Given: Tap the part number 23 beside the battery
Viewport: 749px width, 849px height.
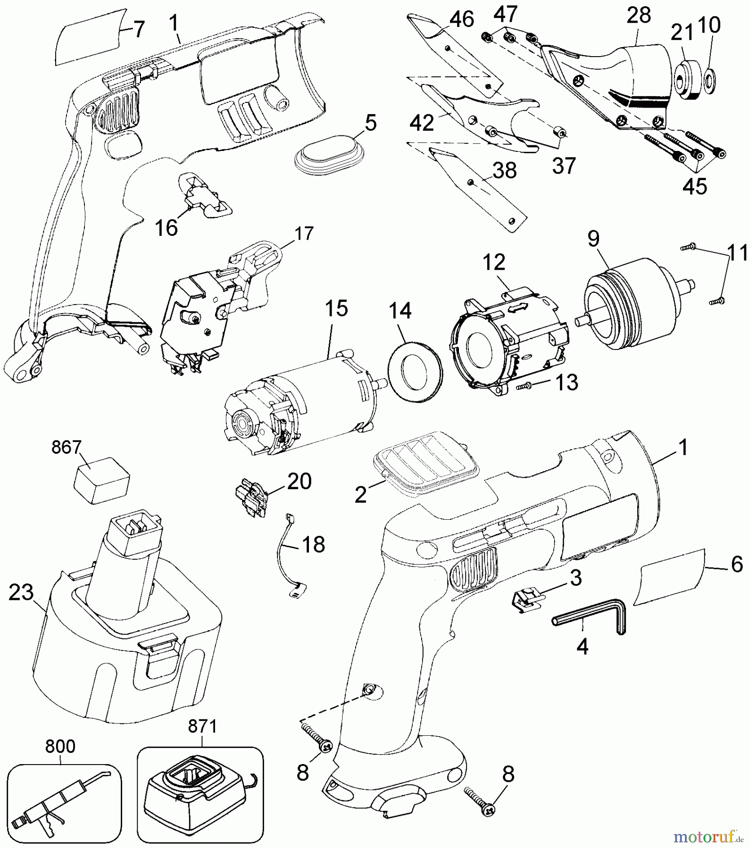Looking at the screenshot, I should click(x=21, y=593).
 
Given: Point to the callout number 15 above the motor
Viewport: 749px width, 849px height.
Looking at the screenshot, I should click(x=336, y=309).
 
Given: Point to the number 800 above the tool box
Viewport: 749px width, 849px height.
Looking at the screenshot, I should click(x=60, y=746).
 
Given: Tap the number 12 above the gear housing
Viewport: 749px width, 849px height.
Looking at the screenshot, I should click(x=494, y=262).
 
